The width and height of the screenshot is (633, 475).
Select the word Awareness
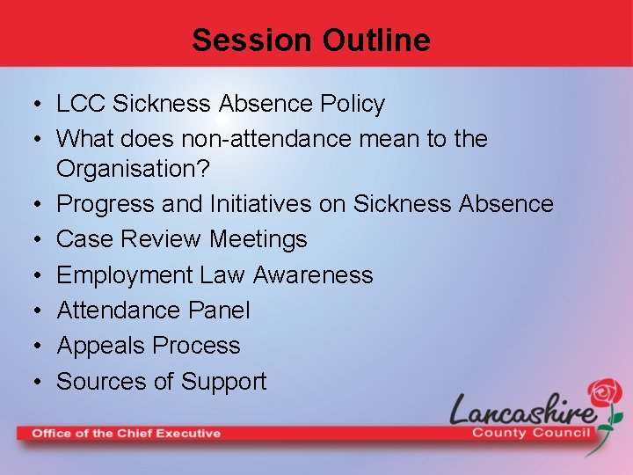click(x=313, y=275)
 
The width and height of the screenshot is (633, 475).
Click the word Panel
click(x=218, y=311)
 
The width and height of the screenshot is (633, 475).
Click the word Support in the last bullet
click(x=223, y=381)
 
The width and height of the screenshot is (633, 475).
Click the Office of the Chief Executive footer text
click(x=127, y=433)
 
